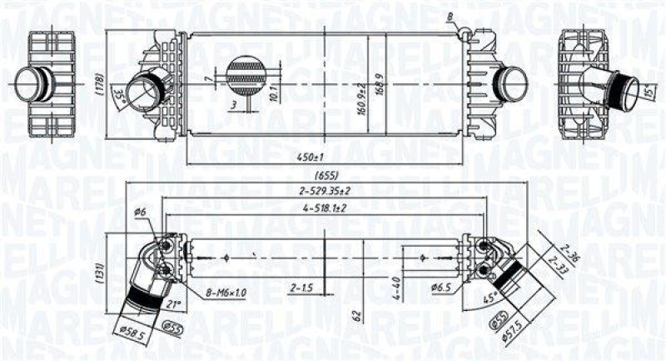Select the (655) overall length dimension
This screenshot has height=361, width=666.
(327, 177)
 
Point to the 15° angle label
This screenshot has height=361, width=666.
(649, 90)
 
